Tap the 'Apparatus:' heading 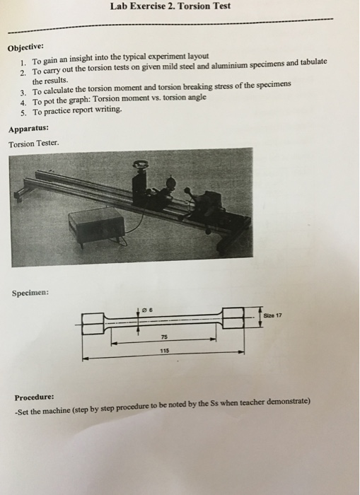tap(29, 129)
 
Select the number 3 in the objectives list tap(23, 91)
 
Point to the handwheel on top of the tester tap(141, 165)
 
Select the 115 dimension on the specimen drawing tap(162, 349)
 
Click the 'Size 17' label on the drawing tap(276, 314)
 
